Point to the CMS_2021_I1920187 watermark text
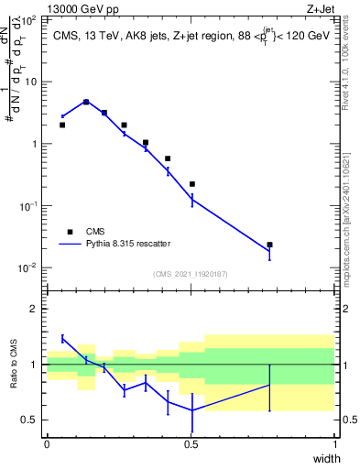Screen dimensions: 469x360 (191, 274)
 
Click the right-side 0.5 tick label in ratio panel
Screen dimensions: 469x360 (346, 420)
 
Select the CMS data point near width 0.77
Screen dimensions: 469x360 (269, 245)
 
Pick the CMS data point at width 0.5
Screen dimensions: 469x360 (191, 184)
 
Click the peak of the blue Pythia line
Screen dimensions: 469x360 (86, 102)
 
